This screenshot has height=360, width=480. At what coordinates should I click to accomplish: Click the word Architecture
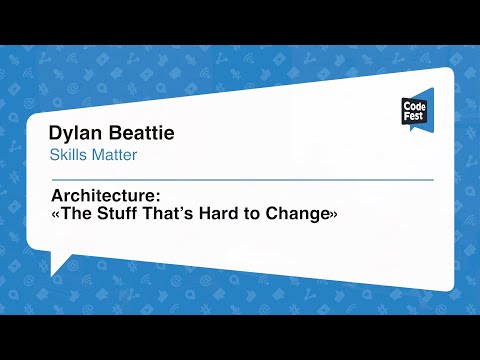click(x=97, y=196)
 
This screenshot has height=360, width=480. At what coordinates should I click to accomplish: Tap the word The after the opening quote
click(x=76, y=213)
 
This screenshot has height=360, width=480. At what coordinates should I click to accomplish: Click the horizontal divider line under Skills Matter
click(x=240, y=180)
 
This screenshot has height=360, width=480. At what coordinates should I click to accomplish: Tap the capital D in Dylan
click(x=55, y=134)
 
